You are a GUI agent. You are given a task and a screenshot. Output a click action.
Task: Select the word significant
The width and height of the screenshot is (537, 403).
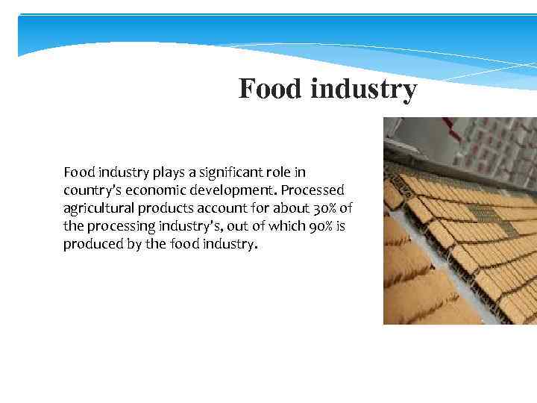(233, 173)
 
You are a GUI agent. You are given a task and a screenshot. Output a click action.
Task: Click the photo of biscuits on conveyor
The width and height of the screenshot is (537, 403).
(459, 221)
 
